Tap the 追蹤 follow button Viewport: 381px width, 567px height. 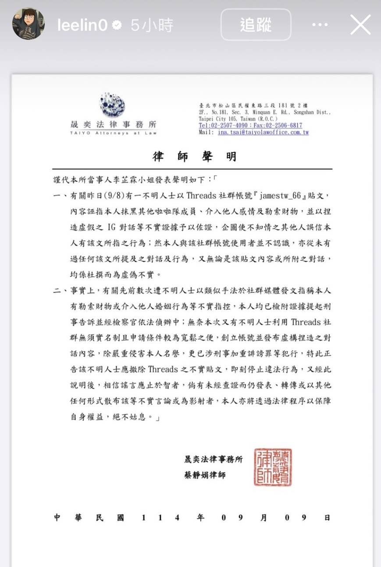(256, 25)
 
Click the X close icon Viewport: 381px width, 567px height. (360, 25)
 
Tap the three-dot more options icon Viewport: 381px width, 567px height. (320, 25)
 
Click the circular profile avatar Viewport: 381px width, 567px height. (28, 24)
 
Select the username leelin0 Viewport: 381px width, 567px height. (82, 25)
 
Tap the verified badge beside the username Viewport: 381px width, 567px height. (117, 25)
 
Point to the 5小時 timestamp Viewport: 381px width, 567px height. (152, 25)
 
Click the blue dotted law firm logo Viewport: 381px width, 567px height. (113, 106)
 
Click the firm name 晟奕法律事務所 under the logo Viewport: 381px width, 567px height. (113, 124)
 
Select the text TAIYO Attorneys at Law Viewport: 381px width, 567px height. (113, 132)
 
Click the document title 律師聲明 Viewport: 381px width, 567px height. (194, 157)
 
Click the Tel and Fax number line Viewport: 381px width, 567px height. (250, 125)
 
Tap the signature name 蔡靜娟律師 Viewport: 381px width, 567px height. (205, 475)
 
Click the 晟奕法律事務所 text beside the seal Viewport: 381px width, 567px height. (213, 459)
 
